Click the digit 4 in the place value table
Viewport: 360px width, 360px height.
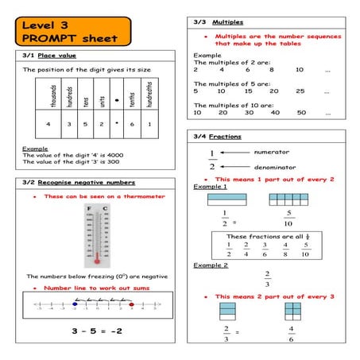(49, 125)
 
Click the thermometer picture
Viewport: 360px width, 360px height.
(95, 235)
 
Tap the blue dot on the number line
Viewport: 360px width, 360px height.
(75, 304)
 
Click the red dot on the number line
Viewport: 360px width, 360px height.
(131, 304)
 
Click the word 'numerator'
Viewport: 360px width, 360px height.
(270, 152)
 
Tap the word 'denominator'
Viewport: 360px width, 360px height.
(274, 168)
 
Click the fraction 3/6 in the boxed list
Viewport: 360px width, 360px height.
(265, 250)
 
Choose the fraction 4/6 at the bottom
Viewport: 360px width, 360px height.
(292, 333)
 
